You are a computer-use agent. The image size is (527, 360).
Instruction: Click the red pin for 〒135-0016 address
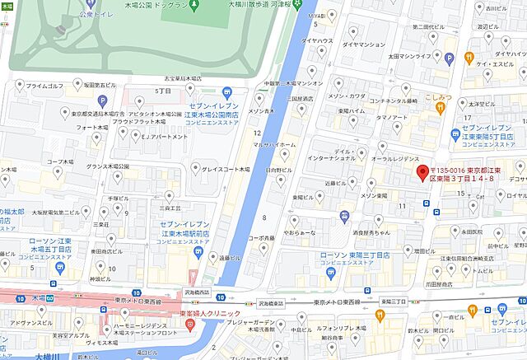(x=422, y=174)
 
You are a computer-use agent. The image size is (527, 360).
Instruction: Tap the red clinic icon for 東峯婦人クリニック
(x=189, y=325)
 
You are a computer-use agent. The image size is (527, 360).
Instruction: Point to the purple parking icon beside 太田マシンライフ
(x=450, y=58)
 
